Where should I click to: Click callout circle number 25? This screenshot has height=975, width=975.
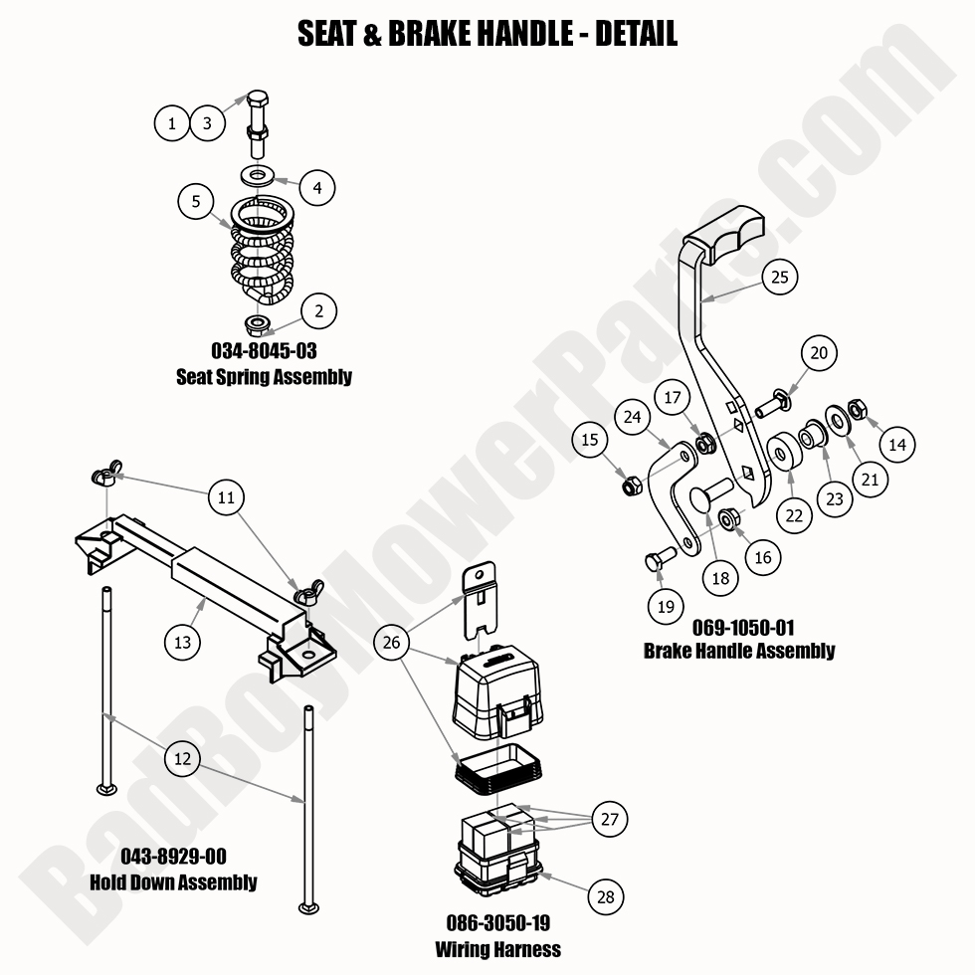click(780, 277)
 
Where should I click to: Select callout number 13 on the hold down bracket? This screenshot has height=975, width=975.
click(182, 642)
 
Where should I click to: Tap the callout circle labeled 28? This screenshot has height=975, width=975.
click(605, 896)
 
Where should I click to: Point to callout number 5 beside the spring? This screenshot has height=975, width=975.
click(196, 201)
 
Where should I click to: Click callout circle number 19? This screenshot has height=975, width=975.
click(666, 605)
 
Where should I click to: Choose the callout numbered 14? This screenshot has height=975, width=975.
click(897, 445)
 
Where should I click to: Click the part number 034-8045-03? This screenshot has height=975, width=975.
click(264, 351)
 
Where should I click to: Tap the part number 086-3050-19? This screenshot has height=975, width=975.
click(497, 924)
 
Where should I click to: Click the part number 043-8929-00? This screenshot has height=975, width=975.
click(173, 857)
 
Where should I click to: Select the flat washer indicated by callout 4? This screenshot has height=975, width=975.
click(258, 176)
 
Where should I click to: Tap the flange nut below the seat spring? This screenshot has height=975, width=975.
click(256, 323)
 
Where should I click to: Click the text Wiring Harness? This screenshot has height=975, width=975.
click(497, 949)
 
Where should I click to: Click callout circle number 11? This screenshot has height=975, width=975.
click(227, 496)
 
